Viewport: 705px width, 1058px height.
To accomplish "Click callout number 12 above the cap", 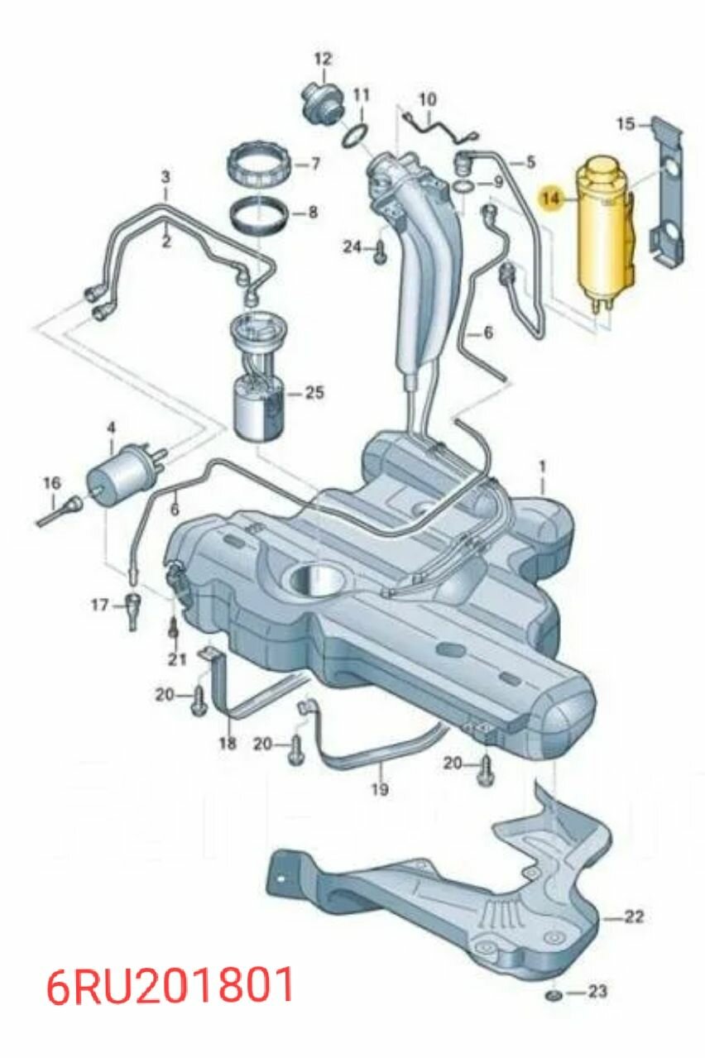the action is [x=324, y=60].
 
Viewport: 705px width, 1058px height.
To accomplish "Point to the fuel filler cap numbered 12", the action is [x=324, y=103].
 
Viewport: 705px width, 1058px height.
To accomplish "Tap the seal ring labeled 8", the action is [x=259, y=214].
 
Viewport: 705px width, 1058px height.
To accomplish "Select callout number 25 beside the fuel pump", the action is [x=314, y=392].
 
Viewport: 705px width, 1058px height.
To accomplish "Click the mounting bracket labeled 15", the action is [x=669, y=190].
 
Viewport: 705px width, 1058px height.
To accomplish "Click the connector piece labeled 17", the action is [x=132, y=610].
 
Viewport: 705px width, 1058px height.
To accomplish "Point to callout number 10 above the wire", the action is [x=428, y=100].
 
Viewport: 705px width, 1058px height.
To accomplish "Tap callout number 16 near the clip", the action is [x=52, y=484].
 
